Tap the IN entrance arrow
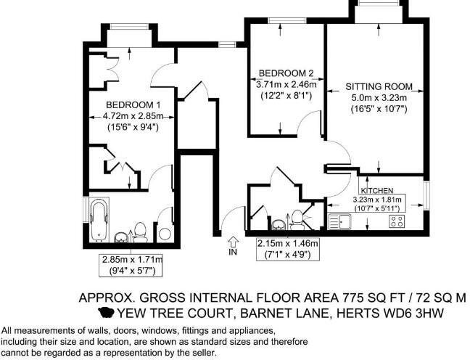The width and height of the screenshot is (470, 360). (x=233, y=241)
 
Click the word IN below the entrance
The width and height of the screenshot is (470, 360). (x=233, y=253)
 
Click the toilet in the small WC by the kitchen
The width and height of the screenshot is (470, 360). (x=297, y=218)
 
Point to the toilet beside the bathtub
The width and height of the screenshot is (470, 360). (x=141, y=232)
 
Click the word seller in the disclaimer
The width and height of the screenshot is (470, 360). (x=201, y=353)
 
